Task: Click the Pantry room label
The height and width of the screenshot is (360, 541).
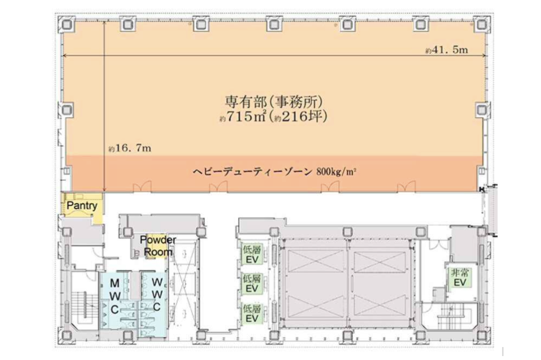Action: pos(82,206)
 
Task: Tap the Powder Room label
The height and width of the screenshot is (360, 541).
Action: pos(158,246)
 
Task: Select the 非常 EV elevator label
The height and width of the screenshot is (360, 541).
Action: pos(460,278)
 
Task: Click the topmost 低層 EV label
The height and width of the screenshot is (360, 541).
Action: pos(252,255)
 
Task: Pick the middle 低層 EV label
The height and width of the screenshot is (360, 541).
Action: pos(252,283)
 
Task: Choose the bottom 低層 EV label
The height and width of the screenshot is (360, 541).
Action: pos(252,314)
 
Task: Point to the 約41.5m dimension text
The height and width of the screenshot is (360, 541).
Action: pos(447,50)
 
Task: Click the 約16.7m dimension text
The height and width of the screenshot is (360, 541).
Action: pos(130,148)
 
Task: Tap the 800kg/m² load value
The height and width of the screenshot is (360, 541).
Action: pos(336,172)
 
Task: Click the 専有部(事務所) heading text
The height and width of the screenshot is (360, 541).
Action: pos(274,102)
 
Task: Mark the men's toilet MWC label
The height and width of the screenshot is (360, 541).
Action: pos(115,296)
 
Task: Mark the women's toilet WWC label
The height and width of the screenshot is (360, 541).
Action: pos(157,294)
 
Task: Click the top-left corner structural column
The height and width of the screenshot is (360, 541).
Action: pos(67,24)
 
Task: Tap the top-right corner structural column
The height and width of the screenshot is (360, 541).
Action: pos(482,24)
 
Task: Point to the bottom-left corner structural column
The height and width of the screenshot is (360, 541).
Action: pos(67,335)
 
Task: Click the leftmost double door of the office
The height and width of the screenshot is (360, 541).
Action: pos(142,186)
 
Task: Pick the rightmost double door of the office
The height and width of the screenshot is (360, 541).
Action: pos(407,186)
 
